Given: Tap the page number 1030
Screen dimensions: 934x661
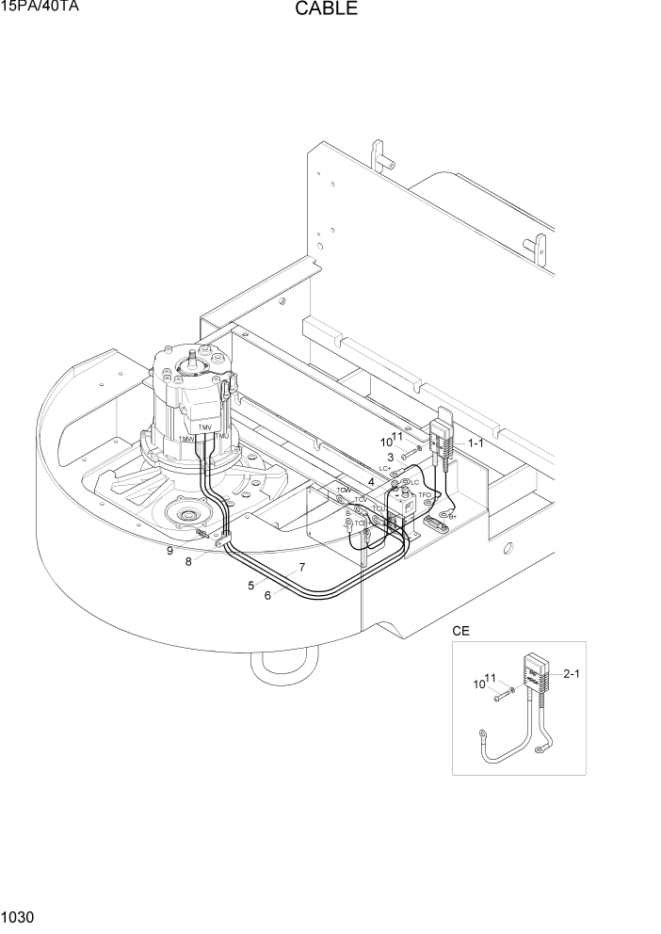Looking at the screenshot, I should (x=18, y=916).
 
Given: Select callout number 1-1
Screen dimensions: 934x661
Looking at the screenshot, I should (x=476, y=442).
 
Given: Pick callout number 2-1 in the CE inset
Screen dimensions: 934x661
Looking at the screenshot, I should (x=571, y=673).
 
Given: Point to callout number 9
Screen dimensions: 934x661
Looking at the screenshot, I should (x=169, y=551).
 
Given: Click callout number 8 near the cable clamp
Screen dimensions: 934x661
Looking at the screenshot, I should (x=188, y=562).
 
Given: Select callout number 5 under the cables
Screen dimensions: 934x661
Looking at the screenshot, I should (x=251, y=586).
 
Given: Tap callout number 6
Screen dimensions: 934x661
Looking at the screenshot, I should (x=268, y=596).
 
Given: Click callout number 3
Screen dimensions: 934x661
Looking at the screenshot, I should (x=390, y=457).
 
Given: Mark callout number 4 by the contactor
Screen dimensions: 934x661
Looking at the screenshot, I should (x=371, y=482).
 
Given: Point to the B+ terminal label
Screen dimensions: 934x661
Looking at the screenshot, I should (x=453, y=516).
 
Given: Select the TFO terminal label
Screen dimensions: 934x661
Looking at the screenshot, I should (x=425, y=495).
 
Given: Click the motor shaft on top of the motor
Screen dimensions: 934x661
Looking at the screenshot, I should (x=200, y=359).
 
